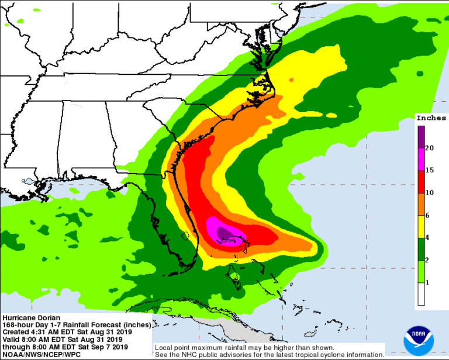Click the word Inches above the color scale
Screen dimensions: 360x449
[x=431, y=117]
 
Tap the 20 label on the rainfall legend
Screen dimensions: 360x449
[x=430, y=148]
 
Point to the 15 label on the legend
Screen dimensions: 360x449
[x=430, y=170]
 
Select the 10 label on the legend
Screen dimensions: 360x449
[x=430, y=192]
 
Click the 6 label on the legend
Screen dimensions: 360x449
[x=429, y=215]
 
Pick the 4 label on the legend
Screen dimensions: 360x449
[x=429, y=237]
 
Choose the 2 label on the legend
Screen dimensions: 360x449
[x=429, y=259]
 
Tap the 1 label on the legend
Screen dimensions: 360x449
[x=429, y=282]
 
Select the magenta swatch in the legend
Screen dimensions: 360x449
[x=421, y=159]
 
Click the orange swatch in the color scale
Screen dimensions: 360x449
[x=421, y=203]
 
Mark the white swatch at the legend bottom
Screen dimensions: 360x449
[x=421, y=294]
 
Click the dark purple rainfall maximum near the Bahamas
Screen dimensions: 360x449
[x=224, y=234]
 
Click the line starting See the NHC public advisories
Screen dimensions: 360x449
[x=269, y=355]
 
